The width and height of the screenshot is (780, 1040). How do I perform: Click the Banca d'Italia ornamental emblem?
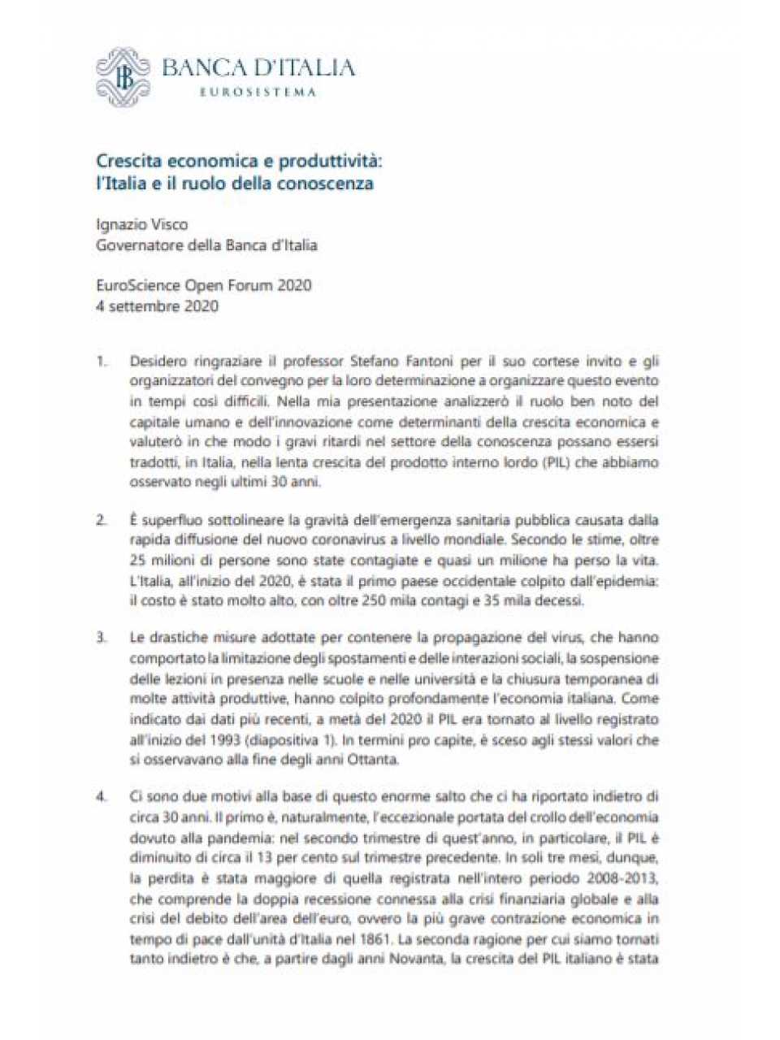pos(123,76)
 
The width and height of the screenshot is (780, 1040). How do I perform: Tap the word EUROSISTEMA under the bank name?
pos(258,92)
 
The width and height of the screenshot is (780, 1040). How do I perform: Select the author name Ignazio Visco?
pos(142,224)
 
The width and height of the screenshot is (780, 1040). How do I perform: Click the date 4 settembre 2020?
pos(157,306)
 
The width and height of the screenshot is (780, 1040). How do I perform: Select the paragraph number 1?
pos(102,360)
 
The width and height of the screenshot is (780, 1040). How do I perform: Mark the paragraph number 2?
pos(102,520)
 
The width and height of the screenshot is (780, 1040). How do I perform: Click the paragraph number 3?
pos(102,638)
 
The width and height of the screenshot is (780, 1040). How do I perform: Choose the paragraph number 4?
pos(102,797)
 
